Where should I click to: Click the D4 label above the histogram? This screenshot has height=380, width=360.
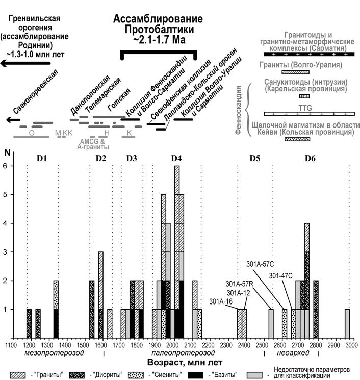pyautogui.click(x=176, y=158)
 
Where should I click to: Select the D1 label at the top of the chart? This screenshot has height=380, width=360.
pyautogui.click(x=42, y=158)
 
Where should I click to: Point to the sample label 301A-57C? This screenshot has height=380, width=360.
pyautogui.click(x=260, y=264)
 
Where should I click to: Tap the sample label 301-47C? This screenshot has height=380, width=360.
pyautogui.click(x=281, y=276)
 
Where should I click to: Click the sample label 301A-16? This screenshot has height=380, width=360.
pyautogui.click(x=221, y=301)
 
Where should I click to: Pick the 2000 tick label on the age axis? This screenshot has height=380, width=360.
pyautogui.click(x=173, y=345)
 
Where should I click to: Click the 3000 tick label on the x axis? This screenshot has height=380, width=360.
pyautogui.click(x=352, y=345)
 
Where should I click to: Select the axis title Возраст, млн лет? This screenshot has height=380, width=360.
pyautogui.click(x=185, y=363)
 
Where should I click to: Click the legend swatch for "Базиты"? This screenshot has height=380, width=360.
pyautogui.click(x=196, y=375)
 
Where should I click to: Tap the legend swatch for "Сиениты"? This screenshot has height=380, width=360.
pyautogui.click(x=136, y=375)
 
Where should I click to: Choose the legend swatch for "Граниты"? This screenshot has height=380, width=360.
pyautogui.click(x=17, y=375)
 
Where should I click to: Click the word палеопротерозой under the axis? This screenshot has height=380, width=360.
pyautogui.click(x=183, y=353)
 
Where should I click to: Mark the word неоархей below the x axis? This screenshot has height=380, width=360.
pyautogui.click(x=293, y=353)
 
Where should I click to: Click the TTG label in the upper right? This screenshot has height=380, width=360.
pyautogui.click(x=305, y=108)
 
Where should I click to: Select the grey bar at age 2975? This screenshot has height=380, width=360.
pyautogui.click(x=347, y=323)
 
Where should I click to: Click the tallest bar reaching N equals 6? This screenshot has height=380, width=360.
pyautogui.click(x=177, y=252)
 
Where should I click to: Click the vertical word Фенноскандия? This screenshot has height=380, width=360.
pyautogui.click(x=239, y=110)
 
